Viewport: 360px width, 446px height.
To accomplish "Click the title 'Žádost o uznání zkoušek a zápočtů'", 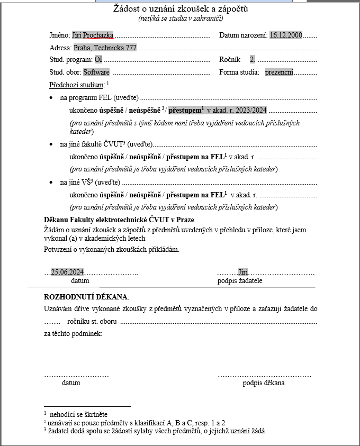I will point(181,9).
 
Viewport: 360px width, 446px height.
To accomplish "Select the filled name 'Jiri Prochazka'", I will point(93,35).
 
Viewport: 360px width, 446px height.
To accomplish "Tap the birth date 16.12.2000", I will point(285,35).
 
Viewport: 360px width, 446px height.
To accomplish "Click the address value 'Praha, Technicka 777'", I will point(105,48).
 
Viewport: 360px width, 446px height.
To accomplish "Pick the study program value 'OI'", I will point(98,60).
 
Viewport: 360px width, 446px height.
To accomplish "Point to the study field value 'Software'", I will point(96,72).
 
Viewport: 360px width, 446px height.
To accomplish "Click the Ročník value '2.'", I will point(253,60).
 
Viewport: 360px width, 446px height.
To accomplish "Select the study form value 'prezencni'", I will point(279,72).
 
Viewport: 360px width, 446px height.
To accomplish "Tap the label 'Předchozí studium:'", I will point(77,85).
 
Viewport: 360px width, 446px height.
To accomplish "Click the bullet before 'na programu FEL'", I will point(50,98).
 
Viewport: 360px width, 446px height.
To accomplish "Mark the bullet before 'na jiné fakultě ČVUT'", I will point(50,144).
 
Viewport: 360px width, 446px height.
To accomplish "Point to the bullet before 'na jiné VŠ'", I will point(50,183).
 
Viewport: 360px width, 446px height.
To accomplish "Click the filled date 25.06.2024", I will point(67,272).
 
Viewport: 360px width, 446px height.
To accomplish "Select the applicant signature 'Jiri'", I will point(243,272).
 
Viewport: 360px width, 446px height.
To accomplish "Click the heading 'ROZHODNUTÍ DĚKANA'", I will point(86,297).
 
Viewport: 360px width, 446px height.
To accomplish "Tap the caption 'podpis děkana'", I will point(264,383).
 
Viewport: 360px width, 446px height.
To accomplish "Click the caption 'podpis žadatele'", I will point(240,280).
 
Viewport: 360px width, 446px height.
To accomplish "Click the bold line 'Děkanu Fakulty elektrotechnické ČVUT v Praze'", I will point(119,220).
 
